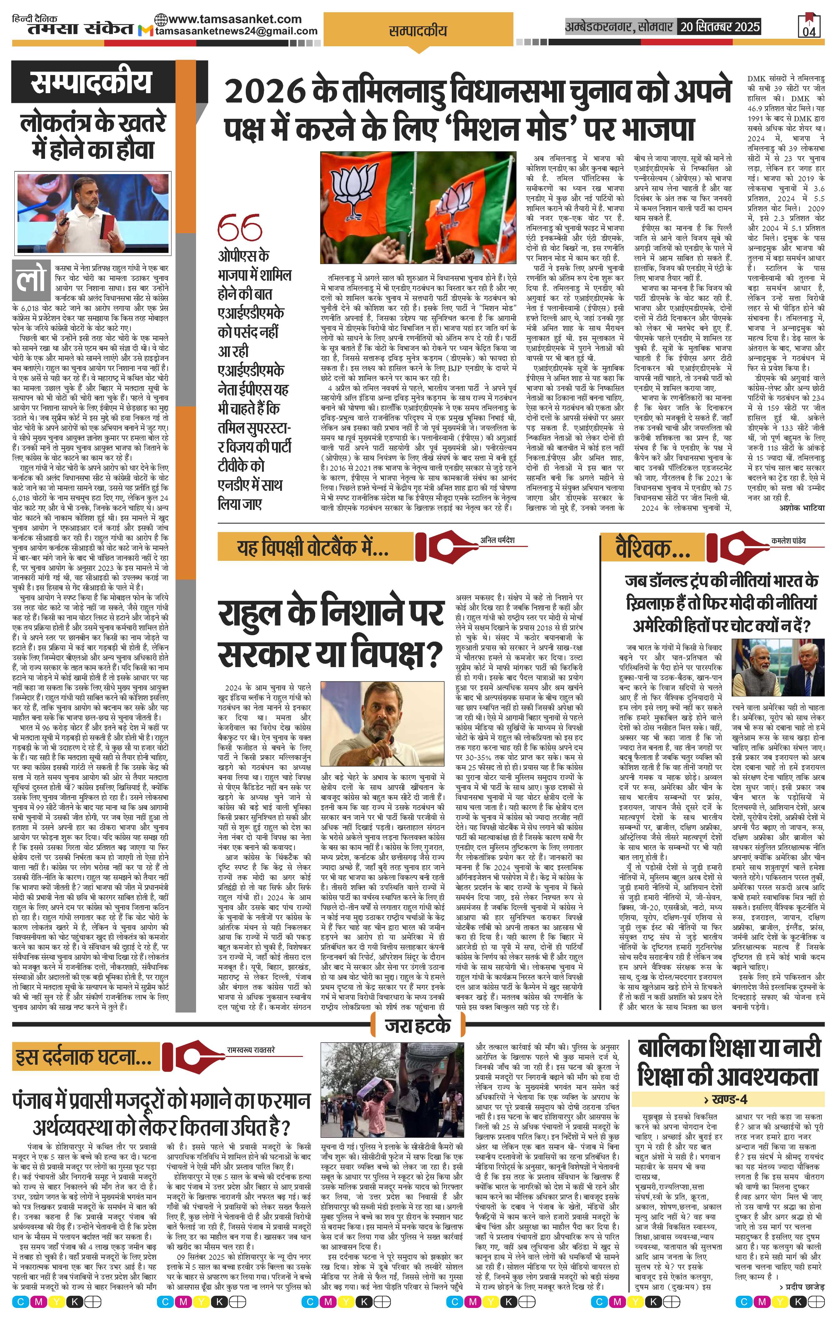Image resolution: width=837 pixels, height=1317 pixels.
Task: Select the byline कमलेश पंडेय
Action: coord(788,540)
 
